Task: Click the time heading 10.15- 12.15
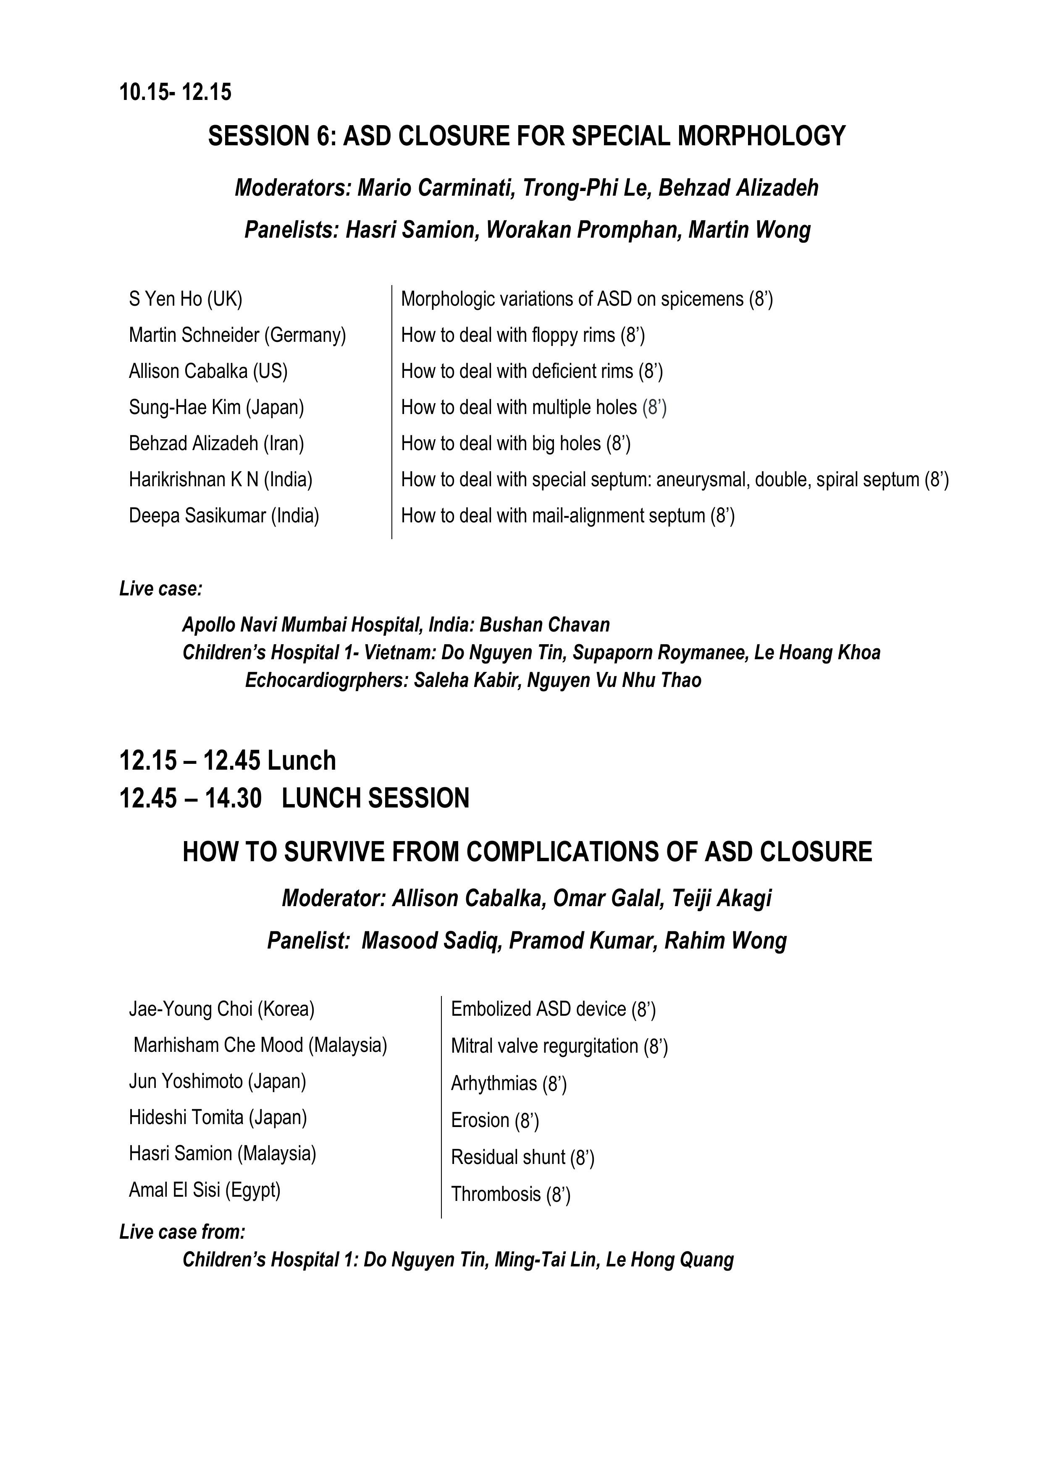(x=175, y=92)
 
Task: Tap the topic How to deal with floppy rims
(x=522, y=335)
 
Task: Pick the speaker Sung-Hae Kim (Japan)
(x=216, y=407)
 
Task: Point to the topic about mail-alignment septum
(x=567, y=516)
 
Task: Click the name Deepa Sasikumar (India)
(x=224, y=516)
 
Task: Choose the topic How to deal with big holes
(x=515, y=444)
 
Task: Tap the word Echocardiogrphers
(x=327, y=681)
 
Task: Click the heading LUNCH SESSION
(x=375, y=799)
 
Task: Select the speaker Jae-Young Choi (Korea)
(x=221, y=1009)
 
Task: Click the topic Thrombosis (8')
(x=510, y=1194)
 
